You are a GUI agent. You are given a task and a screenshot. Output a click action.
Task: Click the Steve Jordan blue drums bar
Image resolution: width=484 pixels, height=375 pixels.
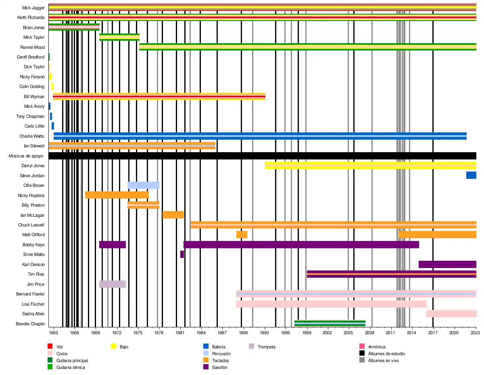pos(471,175)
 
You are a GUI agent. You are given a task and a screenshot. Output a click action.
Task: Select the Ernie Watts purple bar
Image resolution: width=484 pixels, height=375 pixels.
pos(182,254)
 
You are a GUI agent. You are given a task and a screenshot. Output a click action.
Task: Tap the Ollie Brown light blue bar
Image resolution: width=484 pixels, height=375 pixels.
pos(143,185)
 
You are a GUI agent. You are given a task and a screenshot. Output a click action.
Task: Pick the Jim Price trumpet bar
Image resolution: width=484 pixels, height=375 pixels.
pos(113,284)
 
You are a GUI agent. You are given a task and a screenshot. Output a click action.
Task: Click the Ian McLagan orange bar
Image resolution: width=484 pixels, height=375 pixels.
pos(173,215)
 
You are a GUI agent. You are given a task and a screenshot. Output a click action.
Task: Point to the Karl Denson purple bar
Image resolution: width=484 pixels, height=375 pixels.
pos(447,264)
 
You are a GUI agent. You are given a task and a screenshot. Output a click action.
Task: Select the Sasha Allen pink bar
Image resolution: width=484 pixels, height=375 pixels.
pos(451,314)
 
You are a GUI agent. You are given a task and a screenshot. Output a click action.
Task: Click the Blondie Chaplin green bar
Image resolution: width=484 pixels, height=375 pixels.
pos(330,323)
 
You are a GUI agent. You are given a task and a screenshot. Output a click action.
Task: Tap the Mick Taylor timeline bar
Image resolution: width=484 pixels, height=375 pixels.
pos(119,37)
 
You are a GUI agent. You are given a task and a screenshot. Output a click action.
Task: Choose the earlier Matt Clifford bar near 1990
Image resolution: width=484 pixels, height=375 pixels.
pos(242,235)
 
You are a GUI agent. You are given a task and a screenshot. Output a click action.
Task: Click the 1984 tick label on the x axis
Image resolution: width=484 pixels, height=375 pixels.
pos(201,333)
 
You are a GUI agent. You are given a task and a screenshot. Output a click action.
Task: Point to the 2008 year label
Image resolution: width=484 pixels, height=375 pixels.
pos(369,333)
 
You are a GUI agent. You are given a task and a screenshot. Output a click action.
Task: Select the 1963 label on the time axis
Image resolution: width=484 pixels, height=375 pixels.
pos(54,333)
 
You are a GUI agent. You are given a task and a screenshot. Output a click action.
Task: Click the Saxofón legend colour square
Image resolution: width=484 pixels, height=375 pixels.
pos(206,367)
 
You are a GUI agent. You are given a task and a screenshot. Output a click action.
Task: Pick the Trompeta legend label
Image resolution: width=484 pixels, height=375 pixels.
pos(266,347)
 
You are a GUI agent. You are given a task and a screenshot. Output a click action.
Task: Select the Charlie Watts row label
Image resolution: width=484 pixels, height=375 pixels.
pos(31,136)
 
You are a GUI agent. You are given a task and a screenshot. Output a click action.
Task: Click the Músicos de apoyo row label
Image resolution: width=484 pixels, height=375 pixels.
pos(26,156)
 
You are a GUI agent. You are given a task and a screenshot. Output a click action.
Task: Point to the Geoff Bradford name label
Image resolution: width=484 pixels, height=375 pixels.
pos(31,57)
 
